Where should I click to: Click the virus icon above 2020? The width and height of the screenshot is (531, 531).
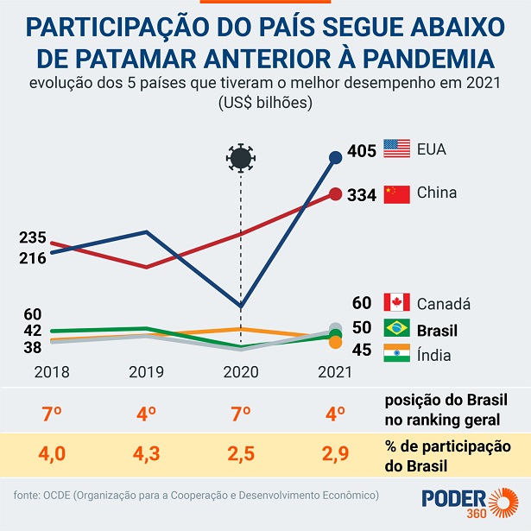[x=241, y=158]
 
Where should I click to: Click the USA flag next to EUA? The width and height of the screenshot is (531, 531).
[x=396, y=149]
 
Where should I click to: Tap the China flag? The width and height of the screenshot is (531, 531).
[x=396, y=193]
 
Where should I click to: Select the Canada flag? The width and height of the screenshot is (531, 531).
[x=396, y=302]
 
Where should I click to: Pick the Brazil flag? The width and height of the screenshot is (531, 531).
[x=396, y=329]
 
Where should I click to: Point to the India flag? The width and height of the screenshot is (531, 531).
[x=396, y=354]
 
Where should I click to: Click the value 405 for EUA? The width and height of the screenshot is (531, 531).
[x=361, y=151]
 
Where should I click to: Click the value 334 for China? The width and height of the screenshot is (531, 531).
[x=361, y=195]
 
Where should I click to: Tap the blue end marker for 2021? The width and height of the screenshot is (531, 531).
[x=336, y=157]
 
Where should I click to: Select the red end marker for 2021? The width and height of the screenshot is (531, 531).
[x=335, y=195]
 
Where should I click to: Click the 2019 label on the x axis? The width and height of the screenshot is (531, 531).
[x=146, y=372]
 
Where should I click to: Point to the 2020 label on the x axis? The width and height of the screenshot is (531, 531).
[x=241, y=372]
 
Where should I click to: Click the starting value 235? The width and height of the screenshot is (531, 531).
[x=34, y=237]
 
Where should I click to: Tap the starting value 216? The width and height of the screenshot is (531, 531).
[x=34, y=257]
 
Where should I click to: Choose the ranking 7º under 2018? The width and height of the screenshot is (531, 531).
[x=52, y=413]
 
